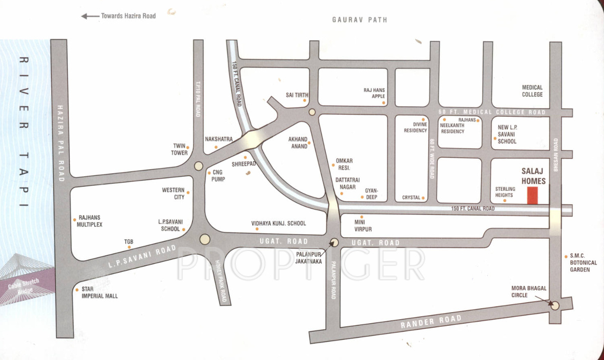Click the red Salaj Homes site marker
pyautogui.click(x=532, y=195)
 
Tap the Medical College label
pyautogui.click(x=532, y=91)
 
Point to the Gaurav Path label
pyautogui.click(x=359, y=20)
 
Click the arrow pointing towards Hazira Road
pyautogui.click(x=90, y=16)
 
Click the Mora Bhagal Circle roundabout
pyautogui.click(x=555, y=306)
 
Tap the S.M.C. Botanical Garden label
pyautogui.click(x=583, y=262)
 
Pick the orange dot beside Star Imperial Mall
pyautogui.click(x=76, y=290)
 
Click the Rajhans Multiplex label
pyautogui.click(x=90, y=222)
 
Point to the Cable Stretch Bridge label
pyautogui.click(x=24, y=286)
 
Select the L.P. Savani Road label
pyautogui.click(x=143, y=257)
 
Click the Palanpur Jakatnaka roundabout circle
pyautogui.click(x=335, y=242)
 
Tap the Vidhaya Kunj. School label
pyautogui.click(x=278, y=224)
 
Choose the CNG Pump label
pyautogui.click(x=218, y=176)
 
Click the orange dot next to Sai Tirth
pyautogui.click(x=305, y=100)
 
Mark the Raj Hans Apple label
pyautogui.click(x=374, y=93)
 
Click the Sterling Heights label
pyautogui.click(x=504, y=192)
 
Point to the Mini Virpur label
pyautogui.click(x=363, y=226)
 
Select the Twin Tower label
pyautogui.click(x=180, y=150)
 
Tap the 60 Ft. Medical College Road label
pyautogui.click(x=492, y=112)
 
